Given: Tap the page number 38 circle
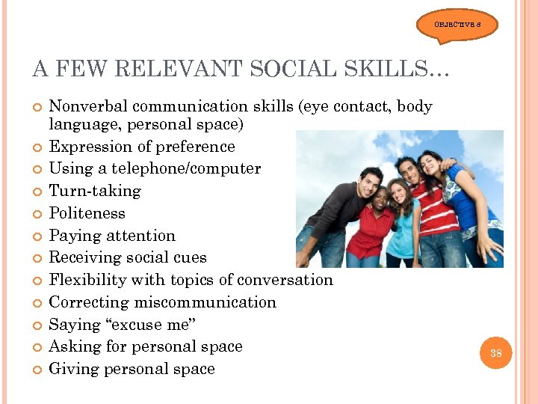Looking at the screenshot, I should click(496, 352).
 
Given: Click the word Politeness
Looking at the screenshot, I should click(87, 213).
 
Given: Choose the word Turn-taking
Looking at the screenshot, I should click(94, 191).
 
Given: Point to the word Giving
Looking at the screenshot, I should click(72, 369).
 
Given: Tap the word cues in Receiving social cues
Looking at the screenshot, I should click(190, 257).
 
